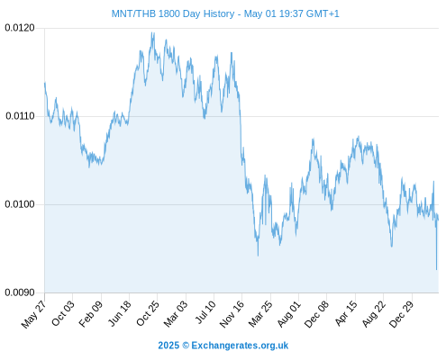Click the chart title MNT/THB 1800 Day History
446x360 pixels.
click(173, 13)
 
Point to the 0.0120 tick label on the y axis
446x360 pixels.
click(20, 28)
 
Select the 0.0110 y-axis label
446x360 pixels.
click(20, 116)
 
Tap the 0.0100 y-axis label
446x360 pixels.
click(20, 204)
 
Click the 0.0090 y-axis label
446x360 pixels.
click(20, 292)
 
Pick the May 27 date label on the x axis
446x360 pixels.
click(33, 313)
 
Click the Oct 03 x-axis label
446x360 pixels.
click(62, 313)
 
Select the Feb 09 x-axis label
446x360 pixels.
click(90, 313)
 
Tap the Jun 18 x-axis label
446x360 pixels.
click(119, 313)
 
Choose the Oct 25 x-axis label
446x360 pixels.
click(147, 313)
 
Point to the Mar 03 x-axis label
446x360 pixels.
click(176, 313)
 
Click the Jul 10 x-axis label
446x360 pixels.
click(205, 312)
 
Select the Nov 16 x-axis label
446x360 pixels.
click(232, 314)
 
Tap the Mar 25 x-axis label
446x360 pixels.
click(260, 313)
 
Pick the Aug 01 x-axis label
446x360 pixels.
click(288, 313)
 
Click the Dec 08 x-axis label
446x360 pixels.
click(316, 314)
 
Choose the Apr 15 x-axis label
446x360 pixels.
click(346, 313)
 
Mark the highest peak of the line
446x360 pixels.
click(152, 32)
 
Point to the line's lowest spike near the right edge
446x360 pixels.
click(436, 269)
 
